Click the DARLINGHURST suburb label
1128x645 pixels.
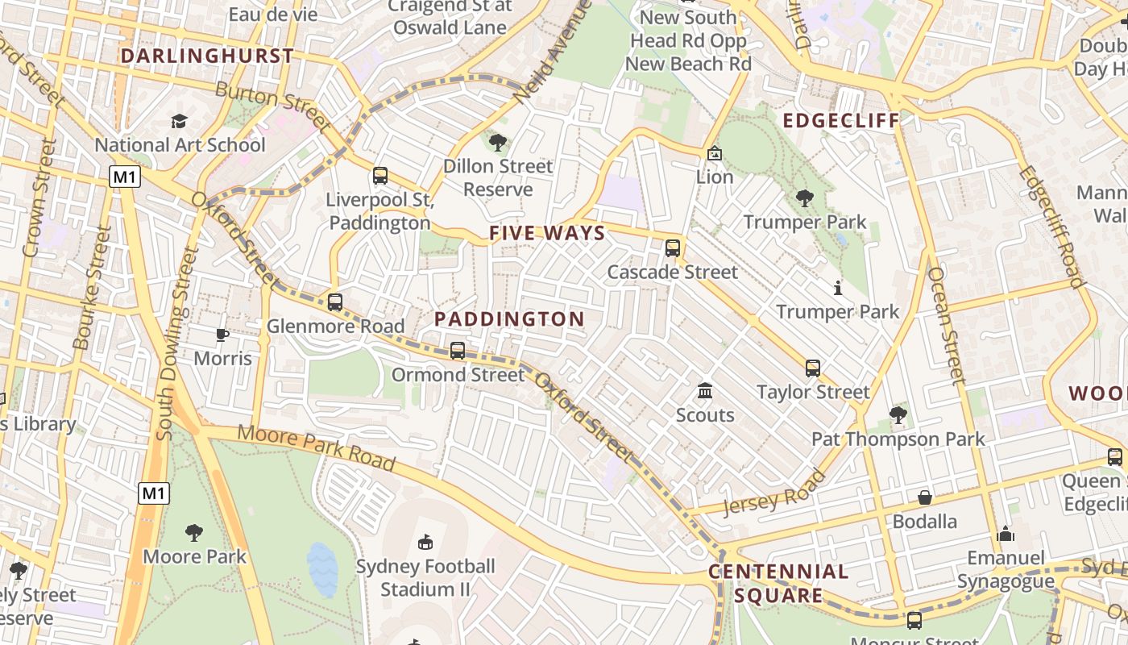[x=207, y=56]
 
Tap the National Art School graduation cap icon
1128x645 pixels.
[x=179, y=122]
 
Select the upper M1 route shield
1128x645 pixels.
[x=125, y=177]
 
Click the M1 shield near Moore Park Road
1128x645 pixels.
[x=154, y=493]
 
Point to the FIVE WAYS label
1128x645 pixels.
[x=547, y=234]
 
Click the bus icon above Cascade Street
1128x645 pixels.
[x=673, y=248]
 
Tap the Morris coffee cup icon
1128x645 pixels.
[x=222, y=335]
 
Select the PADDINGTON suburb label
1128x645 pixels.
[x=509, y=319]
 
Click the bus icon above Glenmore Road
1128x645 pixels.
[x=335, y=303]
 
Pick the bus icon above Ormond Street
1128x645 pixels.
[x=458, y=351]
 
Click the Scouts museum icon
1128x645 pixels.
[x=705, y=391]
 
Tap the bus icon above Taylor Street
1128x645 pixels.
[x=813, y=368]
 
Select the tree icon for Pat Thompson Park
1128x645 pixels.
[x=898, y=415]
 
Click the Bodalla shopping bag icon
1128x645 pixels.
[x=925, y=497]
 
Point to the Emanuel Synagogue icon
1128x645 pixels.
[x=1005, y=534]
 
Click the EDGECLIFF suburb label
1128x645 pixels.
[x=840, y=121]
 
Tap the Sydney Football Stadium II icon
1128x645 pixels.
[x=425, y=542]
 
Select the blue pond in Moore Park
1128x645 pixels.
[x=323, y=569]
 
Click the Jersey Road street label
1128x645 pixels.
[x=775, y=493]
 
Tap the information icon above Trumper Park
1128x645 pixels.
[x=838, y=288]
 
